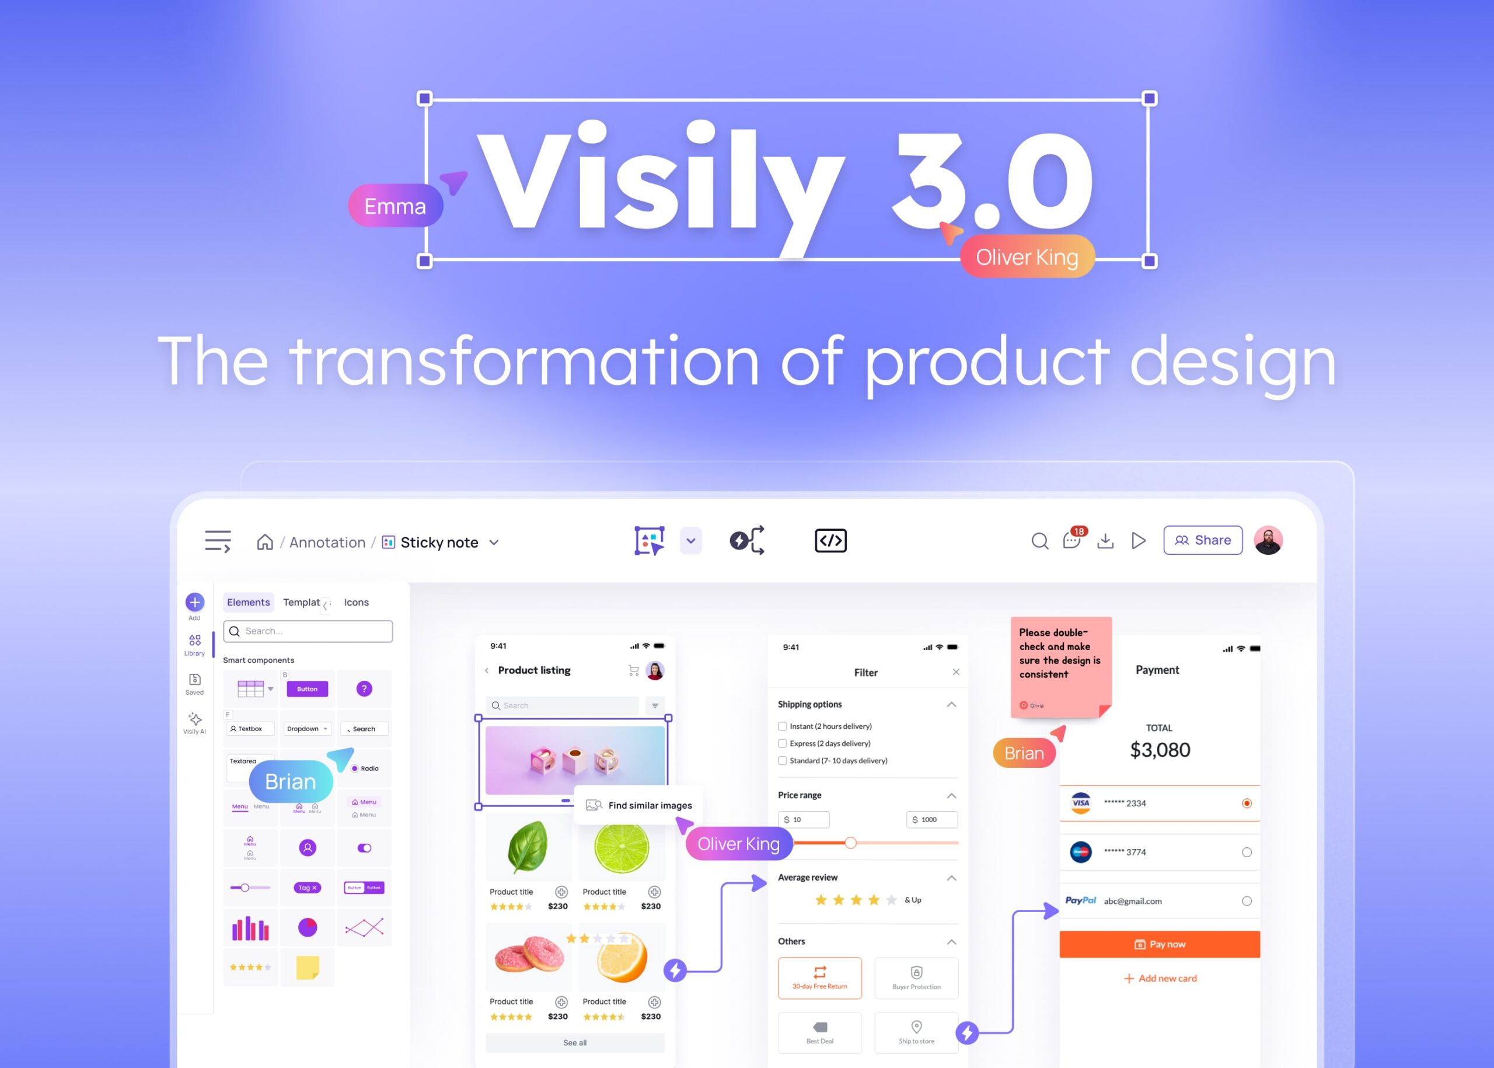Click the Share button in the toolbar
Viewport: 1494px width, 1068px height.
[x=1202, y=540]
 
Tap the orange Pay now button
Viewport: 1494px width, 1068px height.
[x=1160, y=944]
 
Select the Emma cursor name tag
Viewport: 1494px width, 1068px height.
[x=395, y=207]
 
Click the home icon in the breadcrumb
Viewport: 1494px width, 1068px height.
[x=265, y=542]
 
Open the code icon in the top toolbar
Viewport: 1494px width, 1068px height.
[x=830, y=541]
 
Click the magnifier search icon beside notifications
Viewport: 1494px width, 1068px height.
[x=1039, y=541]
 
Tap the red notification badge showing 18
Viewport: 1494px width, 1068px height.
[x=1078, y=531]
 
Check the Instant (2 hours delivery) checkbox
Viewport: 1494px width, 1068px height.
[x=782, y=726]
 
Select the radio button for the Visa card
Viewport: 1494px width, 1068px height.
[x=1246, y=803]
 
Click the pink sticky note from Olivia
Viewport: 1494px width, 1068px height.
[x=1060, y=664]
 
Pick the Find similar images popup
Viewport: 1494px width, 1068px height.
[x=640, y=805]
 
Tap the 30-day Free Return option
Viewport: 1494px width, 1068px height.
[x=819, y=977]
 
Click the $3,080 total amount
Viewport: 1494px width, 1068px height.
[x=1160, y=750]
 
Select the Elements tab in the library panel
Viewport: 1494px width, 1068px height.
[x=248, y=602]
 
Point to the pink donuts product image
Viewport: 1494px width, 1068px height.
[x=528, y=955]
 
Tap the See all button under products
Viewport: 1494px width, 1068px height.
[x=574, y=1042]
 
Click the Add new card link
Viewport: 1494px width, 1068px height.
[x=1160, y=978]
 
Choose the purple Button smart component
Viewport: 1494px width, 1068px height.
[x=307, y=688]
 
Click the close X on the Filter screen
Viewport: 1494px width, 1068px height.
[x=956, y=672]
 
